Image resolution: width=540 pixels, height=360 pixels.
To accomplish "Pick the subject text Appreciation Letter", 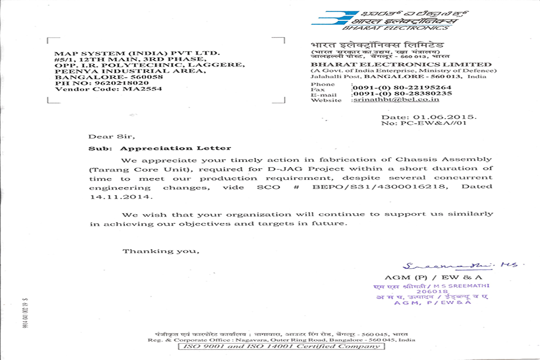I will (176, 148).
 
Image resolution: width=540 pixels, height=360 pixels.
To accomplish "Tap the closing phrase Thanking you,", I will (161, 251).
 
